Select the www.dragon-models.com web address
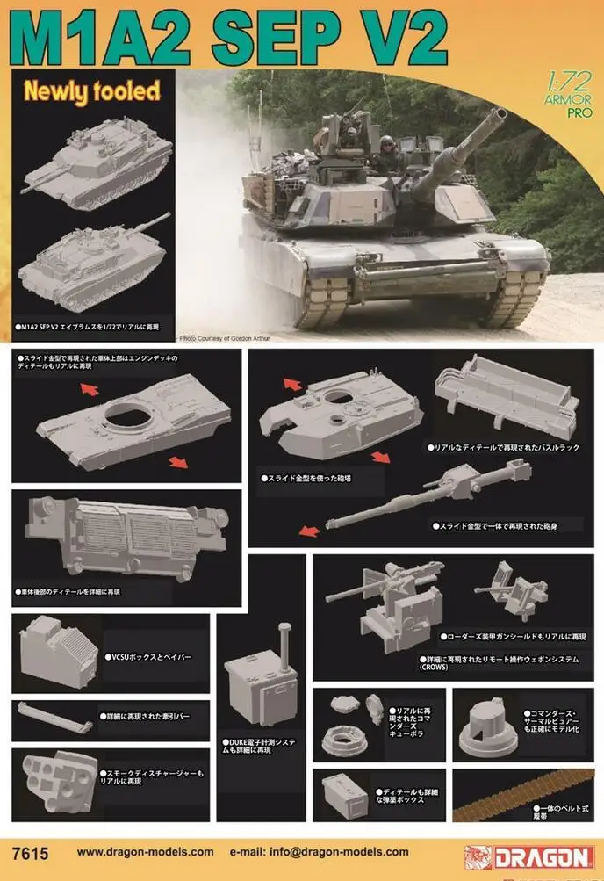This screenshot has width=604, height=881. click(x=145, y=852)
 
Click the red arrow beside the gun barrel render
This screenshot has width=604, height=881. click(x=307, y=530)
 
